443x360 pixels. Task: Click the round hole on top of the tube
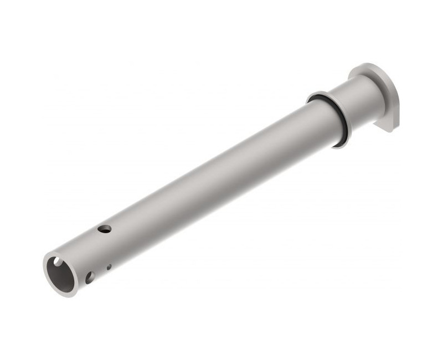point(104,228)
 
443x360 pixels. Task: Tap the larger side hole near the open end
point(90,276)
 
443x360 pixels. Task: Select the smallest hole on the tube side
point(109,267)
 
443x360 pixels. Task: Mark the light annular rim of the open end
point(49,277)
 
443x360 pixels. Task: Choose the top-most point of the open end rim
point(53,253)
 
